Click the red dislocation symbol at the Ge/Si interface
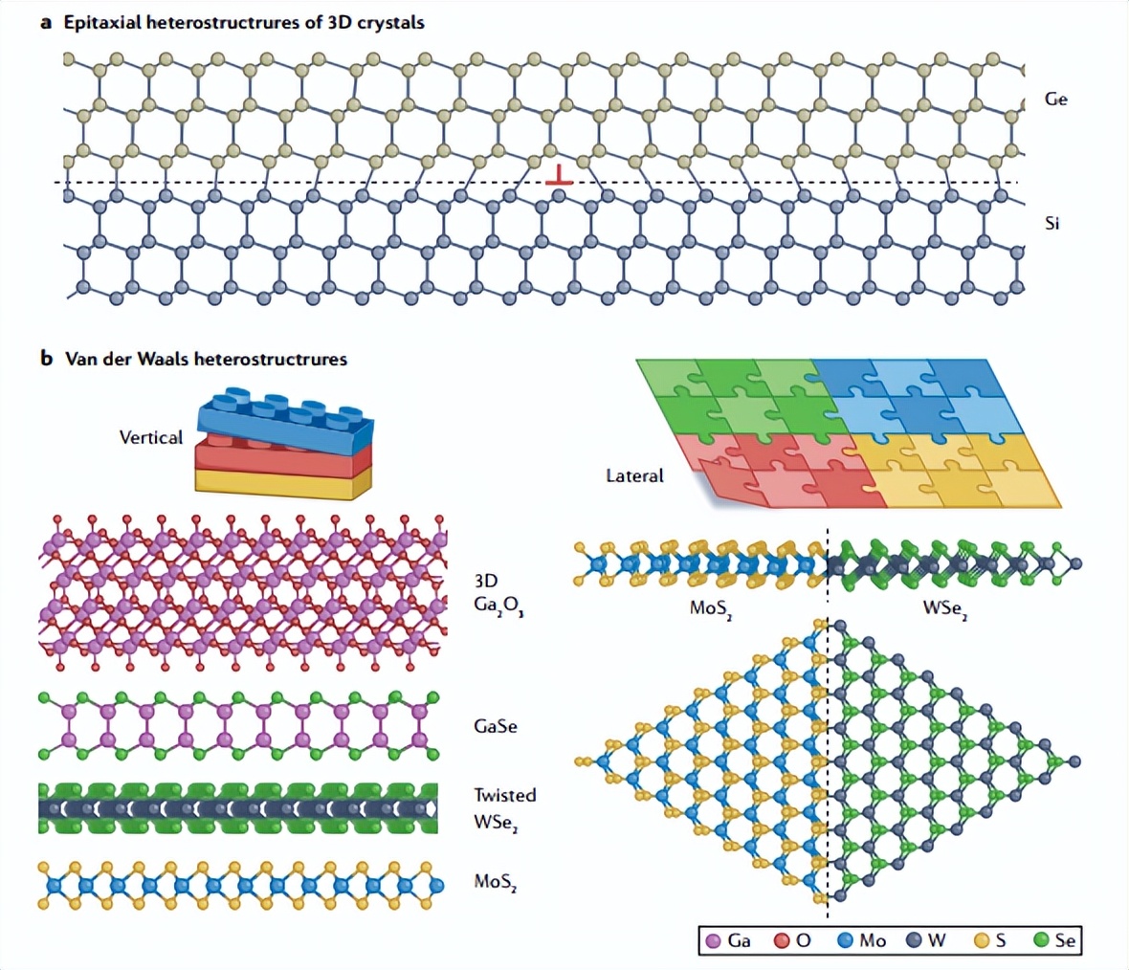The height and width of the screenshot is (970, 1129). [559, 175]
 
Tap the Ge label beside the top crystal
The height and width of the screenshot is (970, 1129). [1055, 99]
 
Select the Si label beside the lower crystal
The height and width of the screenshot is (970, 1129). [1052, 224]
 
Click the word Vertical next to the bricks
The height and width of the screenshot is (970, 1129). [150, 437]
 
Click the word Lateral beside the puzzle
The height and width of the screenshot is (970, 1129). [634, 474]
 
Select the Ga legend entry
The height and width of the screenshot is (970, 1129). [728, 941]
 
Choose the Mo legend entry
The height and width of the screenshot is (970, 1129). [861, 941]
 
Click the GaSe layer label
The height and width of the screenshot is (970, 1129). [495, 726]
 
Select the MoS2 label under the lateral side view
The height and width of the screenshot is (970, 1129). [711, 608]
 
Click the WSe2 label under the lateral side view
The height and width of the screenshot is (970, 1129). [943, 608]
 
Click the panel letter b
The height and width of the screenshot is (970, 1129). [46, 360]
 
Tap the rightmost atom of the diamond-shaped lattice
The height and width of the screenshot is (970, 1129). [1074, 761]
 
